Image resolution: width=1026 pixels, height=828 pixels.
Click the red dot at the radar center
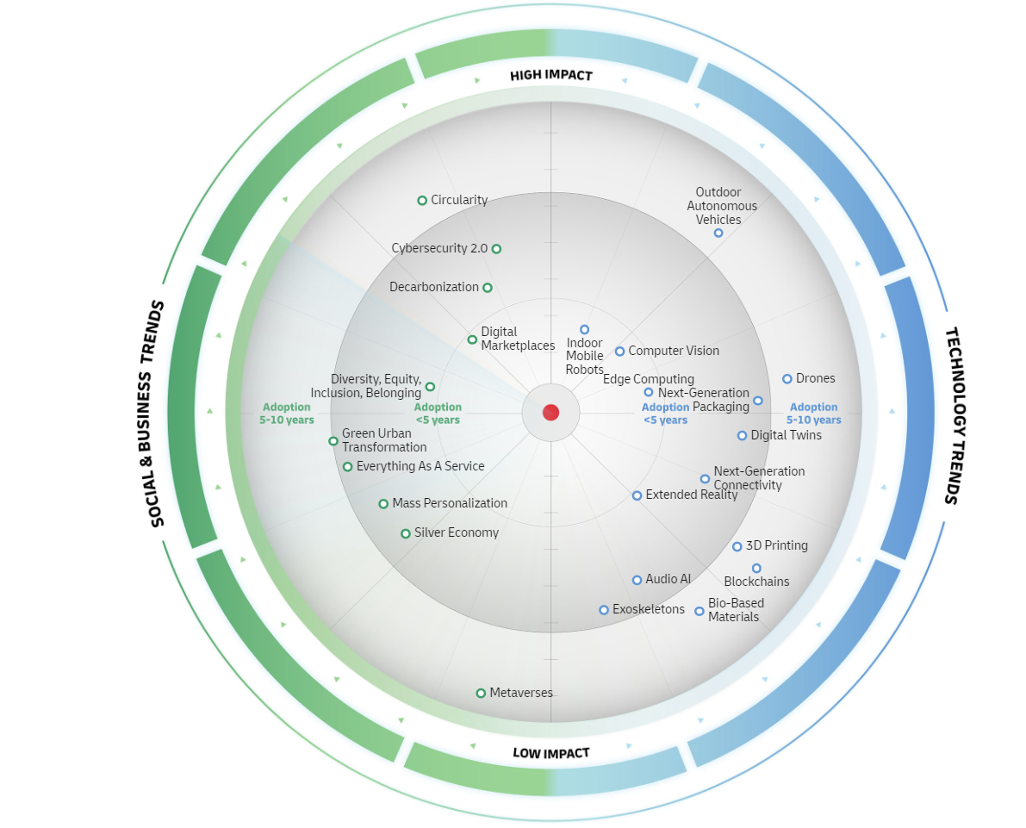tap(550, 413)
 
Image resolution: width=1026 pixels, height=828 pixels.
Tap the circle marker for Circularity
tap(422, 201)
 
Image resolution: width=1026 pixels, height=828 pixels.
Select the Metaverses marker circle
tap(481, 693)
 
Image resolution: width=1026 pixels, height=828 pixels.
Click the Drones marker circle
tap(787, 379)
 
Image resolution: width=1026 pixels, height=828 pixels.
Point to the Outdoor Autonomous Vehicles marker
tap(718, 233)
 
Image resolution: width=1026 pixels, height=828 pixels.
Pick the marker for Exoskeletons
tap(604, 610)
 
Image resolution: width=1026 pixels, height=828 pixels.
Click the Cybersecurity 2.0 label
tap(439, 248)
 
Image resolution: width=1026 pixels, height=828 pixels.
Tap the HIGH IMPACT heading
tap(551, 76)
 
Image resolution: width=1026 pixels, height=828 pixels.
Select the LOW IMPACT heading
tap(551, 753)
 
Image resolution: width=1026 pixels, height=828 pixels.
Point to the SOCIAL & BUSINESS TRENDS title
tap(152, 414)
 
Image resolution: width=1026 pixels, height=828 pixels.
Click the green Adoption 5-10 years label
tap(287, 414)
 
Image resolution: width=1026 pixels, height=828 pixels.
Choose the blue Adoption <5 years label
tap(665, 414)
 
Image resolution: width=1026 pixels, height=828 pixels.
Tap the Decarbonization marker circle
tap(488, 288)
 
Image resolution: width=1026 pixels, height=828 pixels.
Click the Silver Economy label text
tap(456, 532)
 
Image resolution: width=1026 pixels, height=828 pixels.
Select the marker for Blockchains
tap(756, 568)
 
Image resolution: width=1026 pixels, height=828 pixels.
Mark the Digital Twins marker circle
tap(742, 436)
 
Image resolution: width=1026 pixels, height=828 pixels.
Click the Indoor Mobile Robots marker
tap(584, 329)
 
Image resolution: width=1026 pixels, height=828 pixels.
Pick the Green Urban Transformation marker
tap(333, 441)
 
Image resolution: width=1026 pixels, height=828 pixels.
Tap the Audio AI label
tap(668, 579)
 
